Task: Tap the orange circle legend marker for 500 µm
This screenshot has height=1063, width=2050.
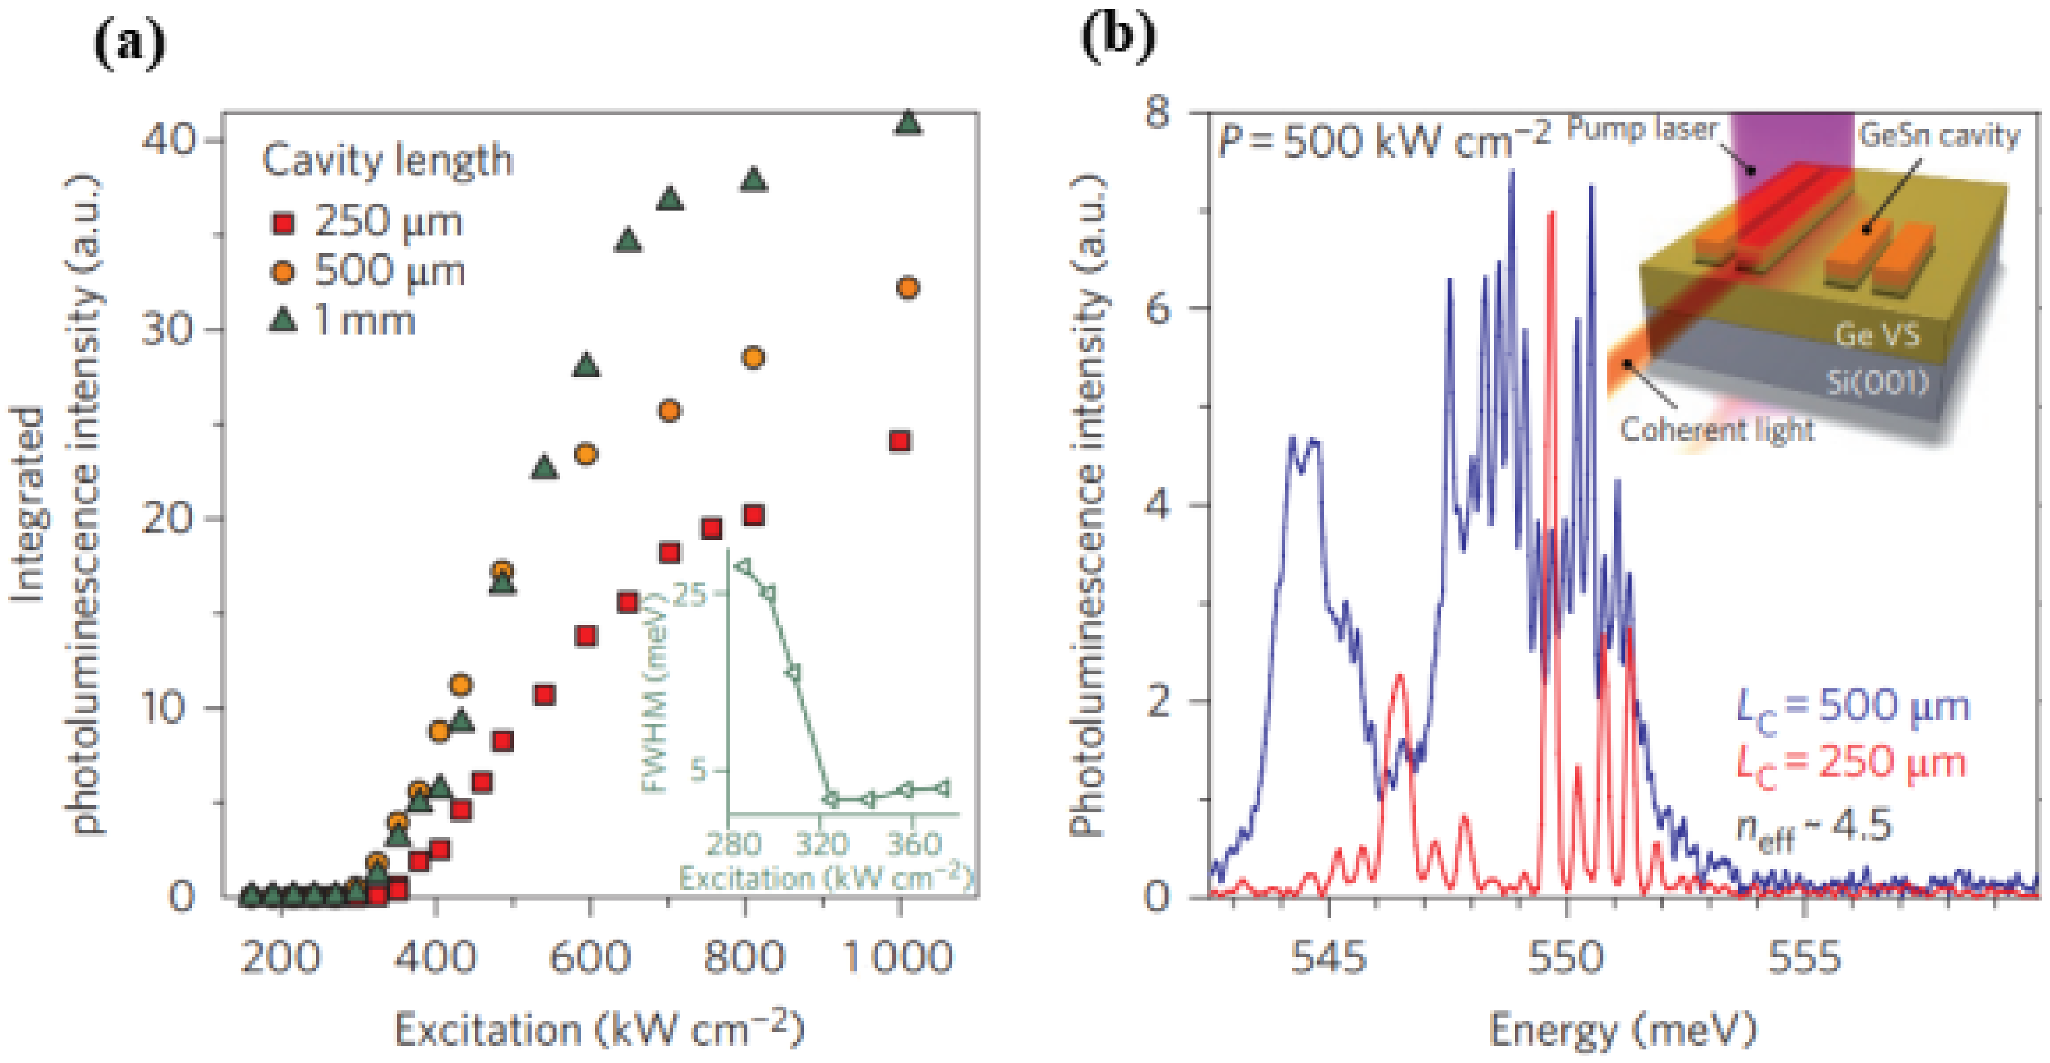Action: [x=283, y=272]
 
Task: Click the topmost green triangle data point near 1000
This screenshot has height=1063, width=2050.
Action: [x=908, y=123]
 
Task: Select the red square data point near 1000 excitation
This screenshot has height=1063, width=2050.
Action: [x=900, y=442]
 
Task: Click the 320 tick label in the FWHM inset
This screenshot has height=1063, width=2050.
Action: [x=823, y=843]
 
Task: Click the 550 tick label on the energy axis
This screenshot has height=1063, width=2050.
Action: [x=1565, y=957]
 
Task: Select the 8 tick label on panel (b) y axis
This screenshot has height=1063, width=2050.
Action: [x=1158, y=112]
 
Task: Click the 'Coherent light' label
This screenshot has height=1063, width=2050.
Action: [x=1717, y=430]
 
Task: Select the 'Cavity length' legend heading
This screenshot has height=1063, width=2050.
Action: [x=388, y=160]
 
